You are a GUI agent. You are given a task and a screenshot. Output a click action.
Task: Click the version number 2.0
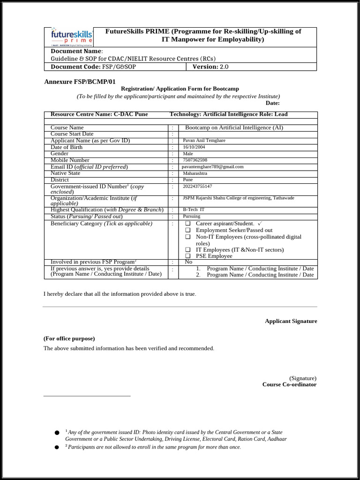224,67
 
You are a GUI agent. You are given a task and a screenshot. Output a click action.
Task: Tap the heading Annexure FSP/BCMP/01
79,82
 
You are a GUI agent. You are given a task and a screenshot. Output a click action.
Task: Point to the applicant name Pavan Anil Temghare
204,140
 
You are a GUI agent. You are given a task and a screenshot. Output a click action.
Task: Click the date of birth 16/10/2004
194,147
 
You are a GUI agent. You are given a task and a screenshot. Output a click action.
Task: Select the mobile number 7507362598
195,160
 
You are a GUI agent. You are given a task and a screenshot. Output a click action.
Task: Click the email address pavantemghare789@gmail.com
213,166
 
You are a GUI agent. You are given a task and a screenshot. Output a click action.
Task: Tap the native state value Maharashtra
195,173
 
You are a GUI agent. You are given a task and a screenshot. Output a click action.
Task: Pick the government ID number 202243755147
197,186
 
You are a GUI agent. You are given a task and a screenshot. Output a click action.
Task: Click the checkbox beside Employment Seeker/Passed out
187,230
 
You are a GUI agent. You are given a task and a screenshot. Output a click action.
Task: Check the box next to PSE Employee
187,256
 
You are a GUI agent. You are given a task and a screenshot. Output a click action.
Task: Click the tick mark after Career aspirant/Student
260,223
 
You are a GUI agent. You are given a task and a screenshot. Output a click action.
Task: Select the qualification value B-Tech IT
194,210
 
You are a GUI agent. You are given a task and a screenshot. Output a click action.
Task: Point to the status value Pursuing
191,216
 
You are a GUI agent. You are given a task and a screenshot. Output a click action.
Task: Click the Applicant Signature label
291,321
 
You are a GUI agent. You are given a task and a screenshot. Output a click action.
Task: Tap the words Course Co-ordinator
289,384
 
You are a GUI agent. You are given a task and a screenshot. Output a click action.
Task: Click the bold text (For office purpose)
69,338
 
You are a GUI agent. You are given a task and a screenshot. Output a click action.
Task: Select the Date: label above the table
272,103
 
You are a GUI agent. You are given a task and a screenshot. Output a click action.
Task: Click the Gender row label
60,153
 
